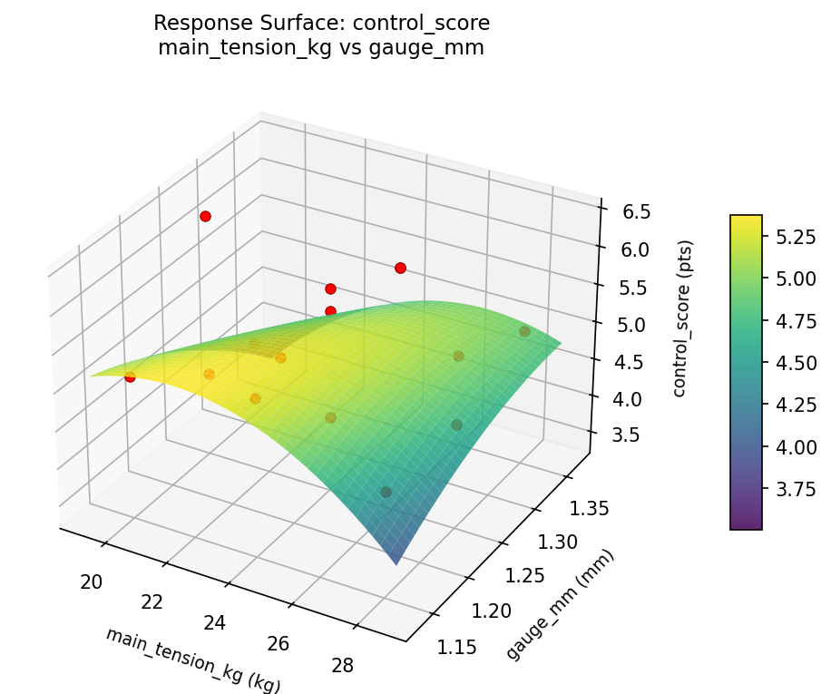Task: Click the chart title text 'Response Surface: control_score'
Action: tap(321, 23)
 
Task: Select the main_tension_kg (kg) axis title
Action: tap(192, 660)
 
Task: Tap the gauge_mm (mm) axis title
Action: tap(560, 604)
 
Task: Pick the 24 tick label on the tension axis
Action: tap(216, 622)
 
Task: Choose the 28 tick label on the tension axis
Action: tap(342, 665)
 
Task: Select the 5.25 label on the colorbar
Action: tap(798, 237)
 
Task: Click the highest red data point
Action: tap(206, 216)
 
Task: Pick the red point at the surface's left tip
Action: tap(130, 376)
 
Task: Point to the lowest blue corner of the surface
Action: tap(396, 562)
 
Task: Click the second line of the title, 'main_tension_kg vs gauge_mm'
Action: tap(321, 48)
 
